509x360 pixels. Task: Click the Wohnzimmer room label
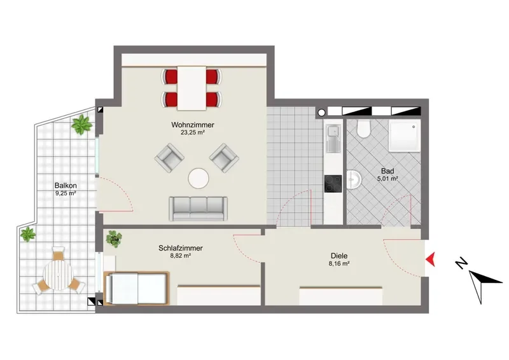pos(193,125)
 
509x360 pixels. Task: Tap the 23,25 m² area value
pos(193,132)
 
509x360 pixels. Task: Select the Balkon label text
pos(66,186)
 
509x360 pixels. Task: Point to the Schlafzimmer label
pos(181,248)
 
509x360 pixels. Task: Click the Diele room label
pos(339,256)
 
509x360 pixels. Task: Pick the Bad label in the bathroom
pos(387,170)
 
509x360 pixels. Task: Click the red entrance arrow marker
pos(431,259)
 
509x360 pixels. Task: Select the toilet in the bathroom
pos(363,128)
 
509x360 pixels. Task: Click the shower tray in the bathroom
pos(405,135)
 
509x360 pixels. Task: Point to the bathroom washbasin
pos(353,179)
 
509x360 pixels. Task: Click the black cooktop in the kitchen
pos(333,184)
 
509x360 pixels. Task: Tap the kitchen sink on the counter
pos(333,139)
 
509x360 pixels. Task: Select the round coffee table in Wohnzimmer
pos(199,178)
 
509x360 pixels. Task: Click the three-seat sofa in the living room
pos(198,209)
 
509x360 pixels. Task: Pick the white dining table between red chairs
pos(192,88)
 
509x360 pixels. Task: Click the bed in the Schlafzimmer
pos(136,288)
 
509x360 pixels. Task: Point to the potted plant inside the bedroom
pos(114,239)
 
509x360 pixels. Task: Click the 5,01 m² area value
pos(387,179)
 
